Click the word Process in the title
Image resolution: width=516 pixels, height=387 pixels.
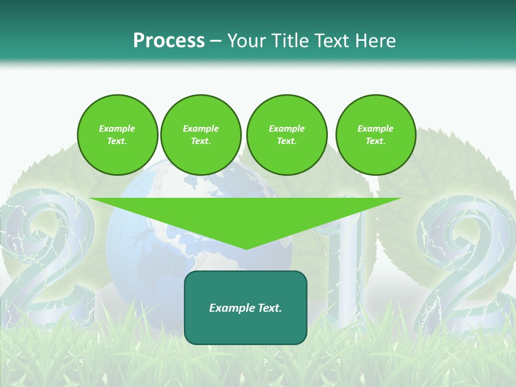pyautogui.click(x=169, y=40)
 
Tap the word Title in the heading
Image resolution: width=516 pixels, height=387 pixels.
pyautogui.click(x=289, y=40)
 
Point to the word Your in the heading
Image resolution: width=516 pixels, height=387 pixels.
pyautogui.click(x=248, y=40)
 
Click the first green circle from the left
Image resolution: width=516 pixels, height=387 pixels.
pyautogui.click(x=117, y=135)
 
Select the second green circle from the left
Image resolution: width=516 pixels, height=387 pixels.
pyautogui.click(x=200, y=135)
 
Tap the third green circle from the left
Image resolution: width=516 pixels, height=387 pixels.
pyautogui.click(x=286, y=135)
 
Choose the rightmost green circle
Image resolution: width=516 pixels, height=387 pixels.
pyautogui.click(x=375, y=135)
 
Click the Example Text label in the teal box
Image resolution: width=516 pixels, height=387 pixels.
pyautogui.click(x=246, y=308)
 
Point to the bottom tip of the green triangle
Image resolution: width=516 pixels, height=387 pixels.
pyautogui.click(x=246, y=249)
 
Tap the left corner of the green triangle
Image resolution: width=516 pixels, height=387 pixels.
pyautogui.click(x=91, y=199)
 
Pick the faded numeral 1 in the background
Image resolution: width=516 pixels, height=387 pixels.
pyautogui.click(x=344, y=269)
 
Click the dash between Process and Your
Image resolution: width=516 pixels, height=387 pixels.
pyautogui.click(x=216, y=41)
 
